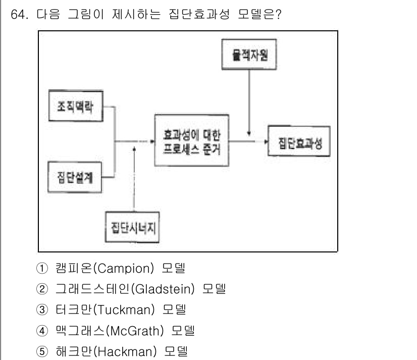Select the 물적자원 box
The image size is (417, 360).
pyautogui.click(x=250, y=55)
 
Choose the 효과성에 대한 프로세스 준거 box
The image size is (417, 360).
pyautogui.click(x=191, y=140)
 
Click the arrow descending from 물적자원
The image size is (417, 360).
pyautogui.click(x=250, y=101)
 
